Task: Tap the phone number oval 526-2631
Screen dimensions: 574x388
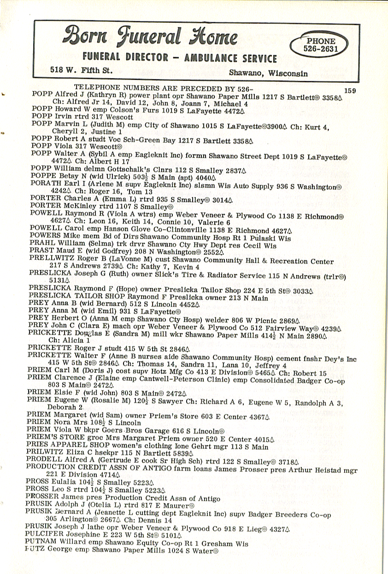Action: pos(319,45)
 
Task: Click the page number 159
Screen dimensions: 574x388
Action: pos(350,91)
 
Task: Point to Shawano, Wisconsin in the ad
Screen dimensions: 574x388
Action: pos(268,73)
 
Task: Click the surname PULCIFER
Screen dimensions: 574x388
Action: pos(45,535)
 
